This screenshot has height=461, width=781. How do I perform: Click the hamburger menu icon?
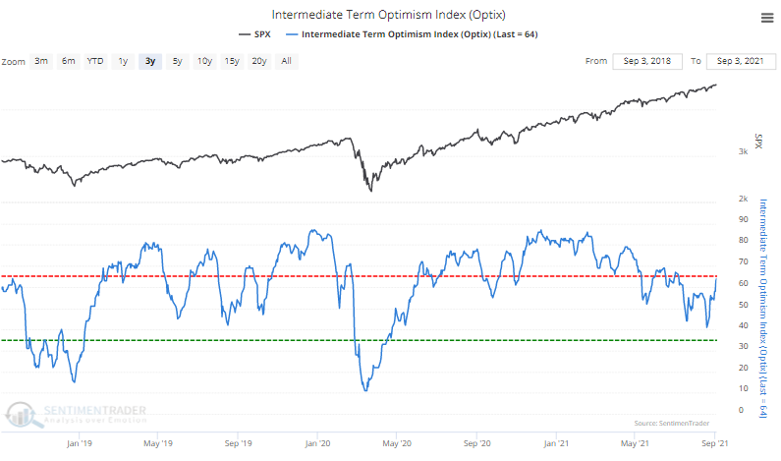(x=765, y=17)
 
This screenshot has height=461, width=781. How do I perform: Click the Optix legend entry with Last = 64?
(x=417, y=34)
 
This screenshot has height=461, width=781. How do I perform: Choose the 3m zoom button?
(x=41, y=61)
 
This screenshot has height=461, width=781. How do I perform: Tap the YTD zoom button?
(x=94, y=61)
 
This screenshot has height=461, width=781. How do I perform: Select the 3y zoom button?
(x=149, y=61)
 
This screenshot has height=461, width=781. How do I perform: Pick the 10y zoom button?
(x=204, y=61)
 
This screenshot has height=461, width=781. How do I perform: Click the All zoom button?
(x=286, y=61)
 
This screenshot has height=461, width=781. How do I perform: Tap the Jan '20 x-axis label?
(x=316, y=442)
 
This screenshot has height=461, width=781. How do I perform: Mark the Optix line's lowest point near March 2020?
(x=365, y=390)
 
